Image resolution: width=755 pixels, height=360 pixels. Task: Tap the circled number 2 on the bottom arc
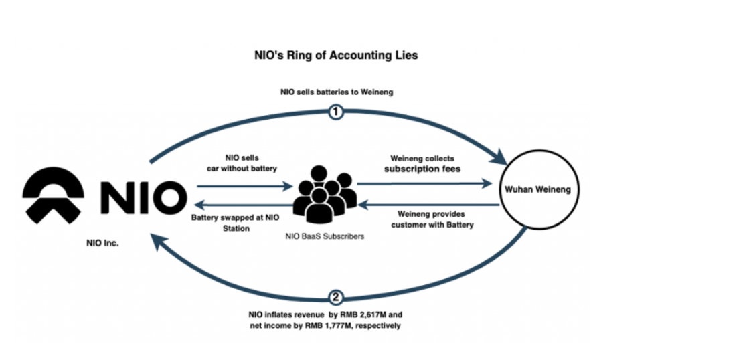[x=336, y=297]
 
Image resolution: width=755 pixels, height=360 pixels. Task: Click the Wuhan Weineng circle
[x=537, y=190]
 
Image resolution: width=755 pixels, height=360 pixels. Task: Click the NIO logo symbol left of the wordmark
[x=53, y=195]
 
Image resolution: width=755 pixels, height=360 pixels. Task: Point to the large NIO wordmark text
[x=142, y=196]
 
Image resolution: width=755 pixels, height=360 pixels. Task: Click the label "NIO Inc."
[x=102, y=244]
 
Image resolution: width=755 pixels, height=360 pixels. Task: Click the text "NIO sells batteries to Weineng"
[x=336, y=92]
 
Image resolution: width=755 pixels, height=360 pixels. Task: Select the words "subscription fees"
[x=422, y=169]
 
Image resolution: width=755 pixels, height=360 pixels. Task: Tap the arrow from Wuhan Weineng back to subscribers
[x=428, y=206]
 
